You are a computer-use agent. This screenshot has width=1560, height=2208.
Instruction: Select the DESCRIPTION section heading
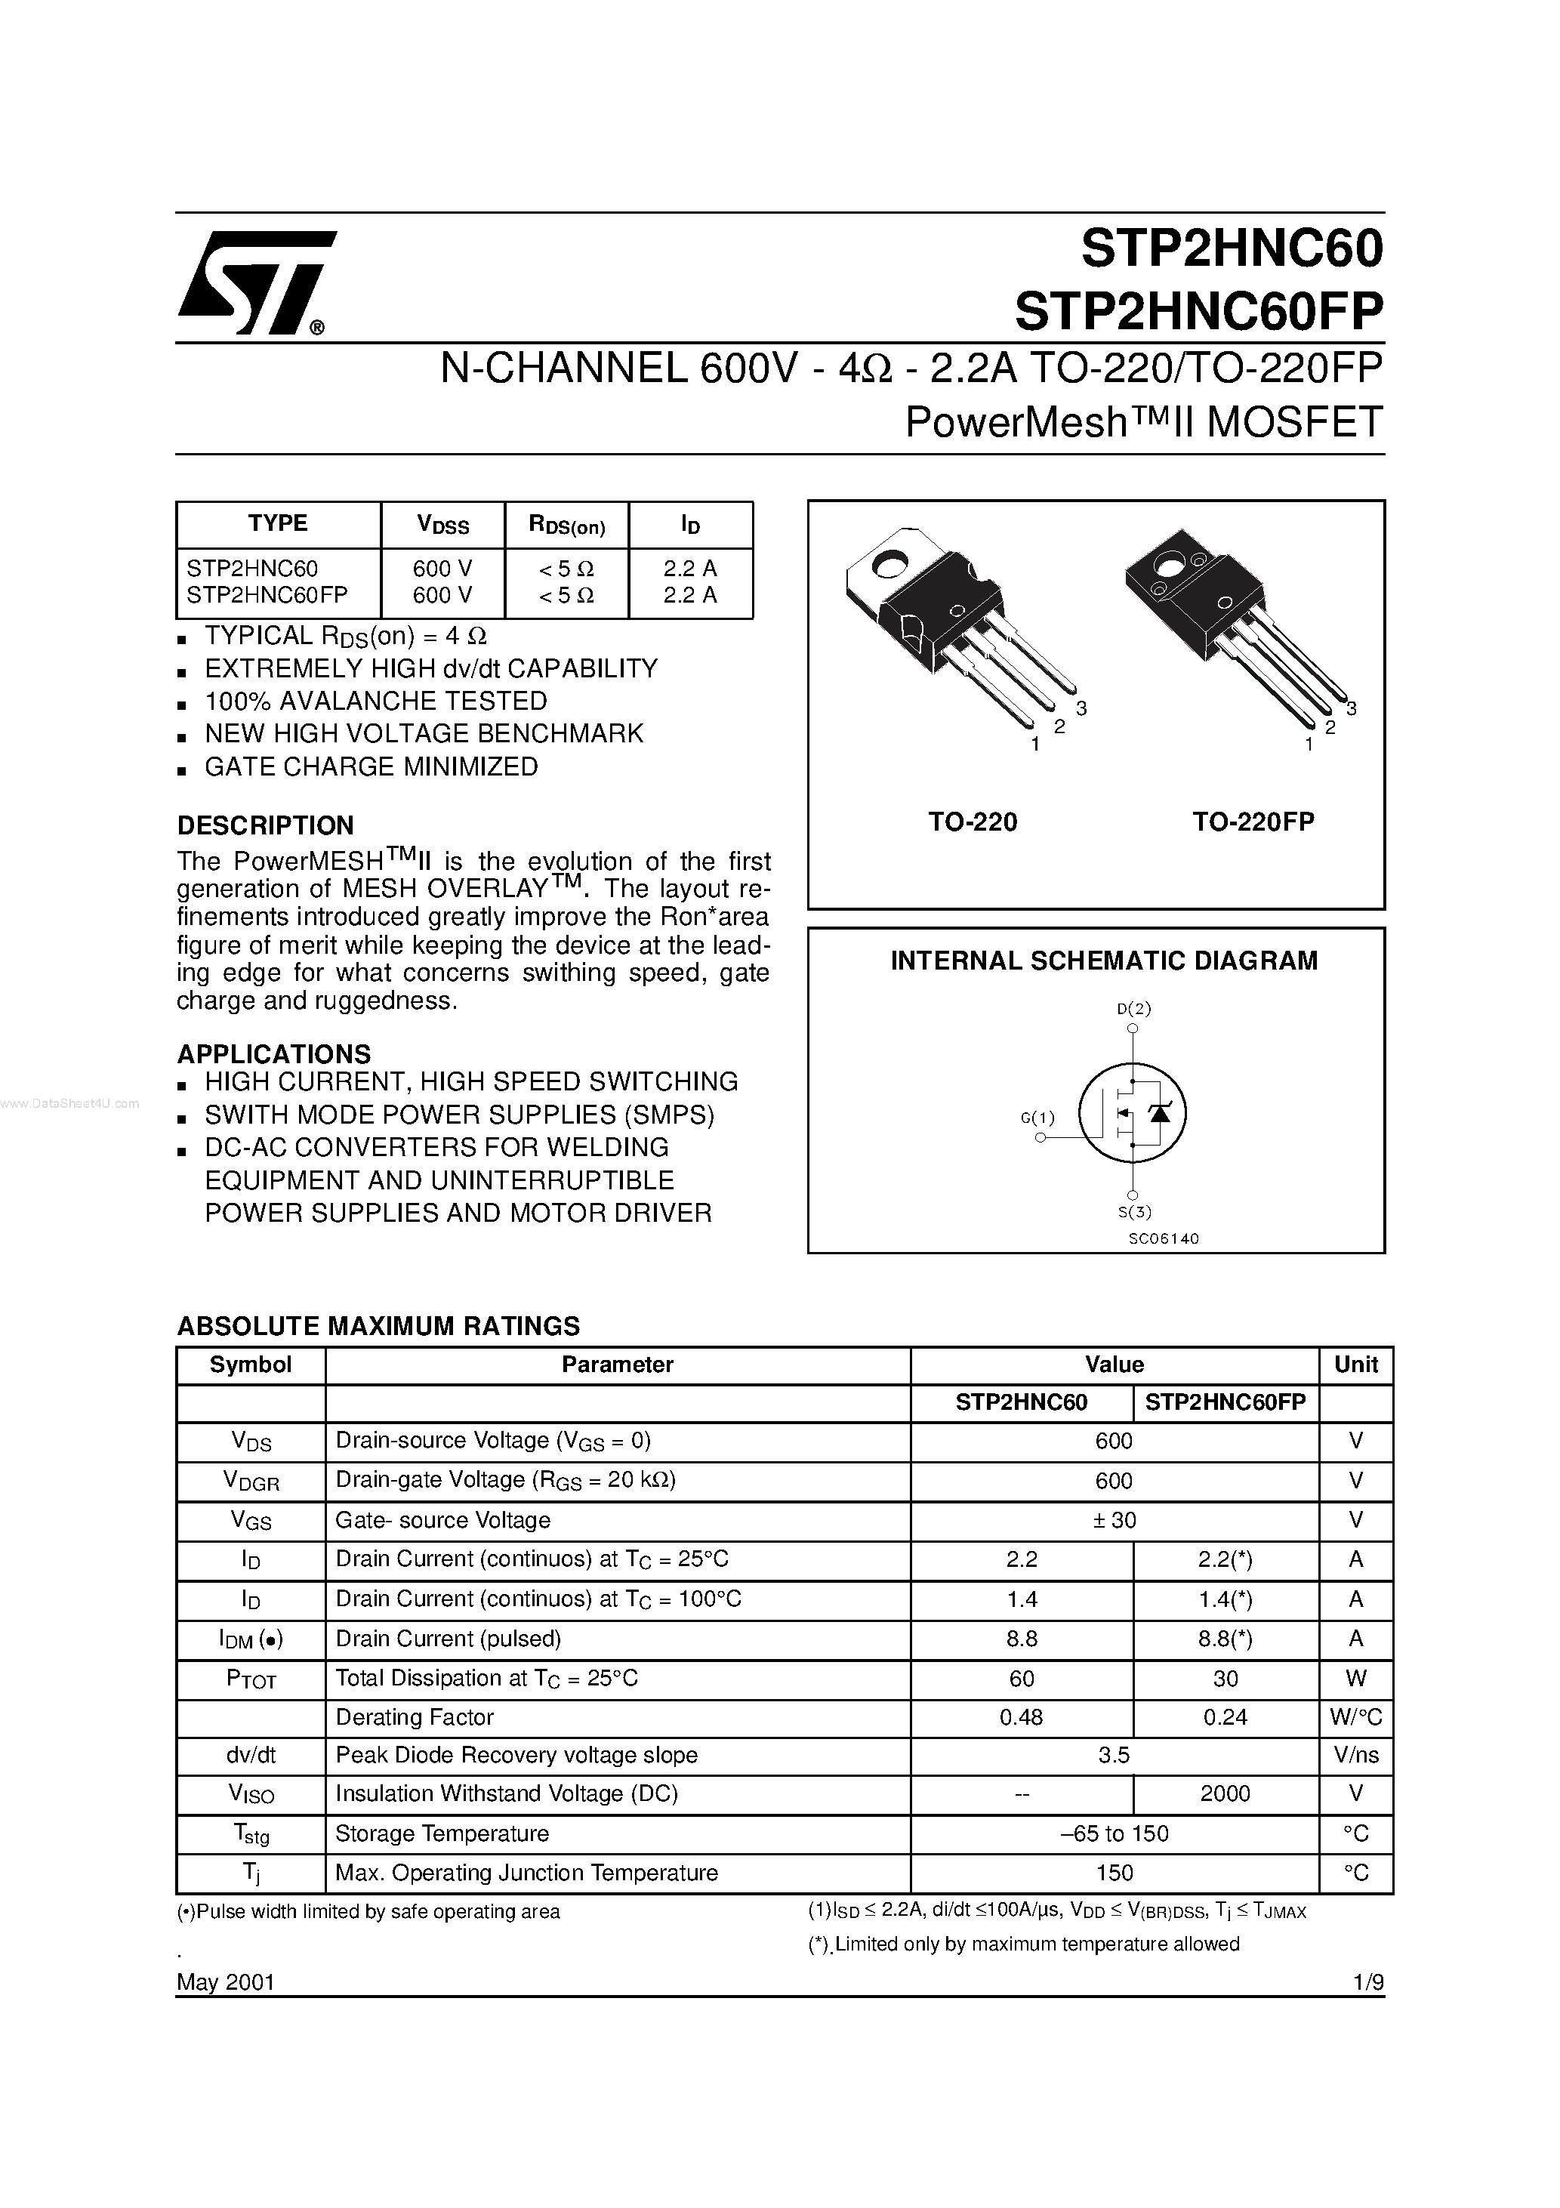tap(266, 825)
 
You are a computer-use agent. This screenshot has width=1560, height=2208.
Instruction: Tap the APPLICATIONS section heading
tap(274, 1054)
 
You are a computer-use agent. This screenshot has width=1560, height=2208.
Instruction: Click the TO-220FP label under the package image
tap(1253, 822)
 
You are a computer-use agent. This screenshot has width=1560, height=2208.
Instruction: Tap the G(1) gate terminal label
tap(1037, 1118)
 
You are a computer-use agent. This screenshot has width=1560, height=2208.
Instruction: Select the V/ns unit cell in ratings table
tap(1355, 1755)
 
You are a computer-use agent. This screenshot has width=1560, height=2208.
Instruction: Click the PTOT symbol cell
tap(251, 1679)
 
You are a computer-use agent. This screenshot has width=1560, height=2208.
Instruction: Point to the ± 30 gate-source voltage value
tap(1113, 1519)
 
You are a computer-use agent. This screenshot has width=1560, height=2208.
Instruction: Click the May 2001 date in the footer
tap(226, 1982)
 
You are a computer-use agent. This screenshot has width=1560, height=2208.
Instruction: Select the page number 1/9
tap(1367, 1982)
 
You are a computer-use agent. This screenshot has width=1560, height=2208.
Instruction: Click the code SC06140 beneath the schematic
tap(1163, 1238)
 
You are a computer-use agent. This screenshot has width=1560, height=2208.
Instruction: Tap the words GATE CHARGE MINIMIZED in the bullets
tap(372, 766)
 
